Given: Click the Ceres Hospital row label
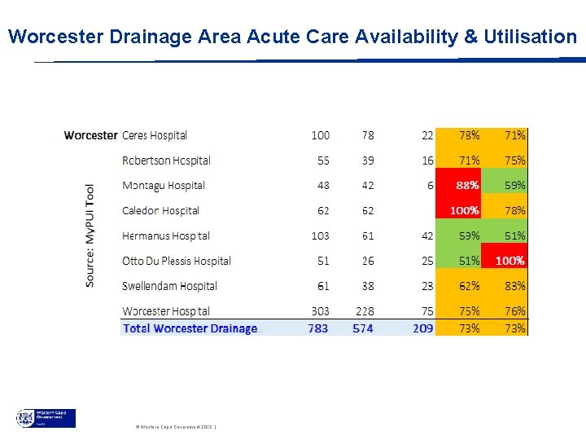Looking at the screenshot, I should (155, 135).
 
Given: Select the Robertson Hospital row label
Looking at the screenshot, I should (166, 161).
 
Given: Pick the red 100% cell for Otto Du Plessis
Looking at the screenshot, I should (505, 261).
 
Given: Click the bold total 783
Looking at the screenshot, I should (318, 328).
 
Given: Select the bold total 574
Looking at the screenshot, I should (363, 328).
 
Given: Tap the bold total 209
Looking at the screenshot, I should (422, 328).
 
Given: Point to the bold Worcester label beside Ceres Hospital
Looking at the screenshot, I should (90, 135).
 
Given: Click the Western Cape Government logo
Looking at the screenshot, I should (46, 418).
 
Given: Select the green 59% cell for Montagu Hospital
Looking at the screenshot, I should (505, 185).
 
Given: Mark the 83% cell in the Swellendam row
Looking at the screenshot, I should (505, 286).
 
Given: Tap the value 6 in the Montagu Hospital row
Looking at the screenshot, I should (430, 185).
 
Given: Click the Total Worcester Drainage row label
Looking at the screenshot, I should (190, 328).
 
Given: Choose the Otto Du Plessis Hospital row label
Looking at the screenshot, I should (177, 261).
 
